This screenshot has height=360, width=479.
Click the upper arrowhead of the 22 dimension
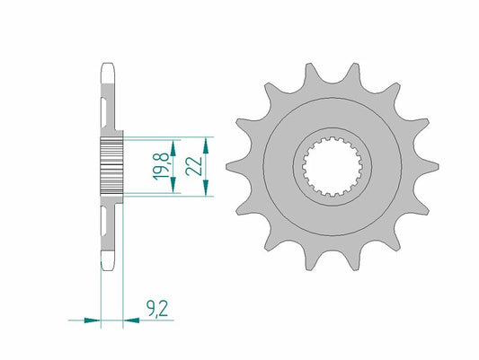(208, 145)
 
